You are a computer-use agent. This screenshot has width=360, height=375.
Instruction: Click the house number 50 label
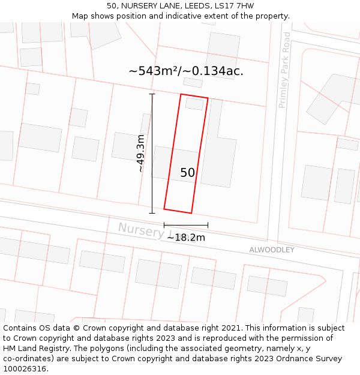pyautogui.click(x=187, y=173)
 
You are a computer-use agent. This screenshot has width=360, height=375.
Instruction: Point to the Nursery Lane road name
pyautogui.click(x=142, y=230)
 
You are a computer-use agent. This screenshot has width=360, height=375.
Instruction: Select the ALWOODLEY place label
pyautogui.click(x=272, y=250)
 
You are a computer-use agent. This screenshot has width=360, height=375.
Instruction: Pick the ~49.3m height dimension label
pyautogui.click(x=140, y=154)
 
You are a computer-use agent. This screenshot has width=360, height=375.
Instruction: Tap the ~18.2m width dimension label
pyautogui.click(x=185, y=238)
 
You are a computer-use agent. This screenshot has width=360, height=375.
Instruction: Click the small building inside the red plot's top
pyautogui.click(x=194, y=104)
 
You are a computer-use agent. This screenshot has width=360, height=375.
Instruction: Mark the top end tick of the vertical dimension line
pyautogui.click(x=152, y=94)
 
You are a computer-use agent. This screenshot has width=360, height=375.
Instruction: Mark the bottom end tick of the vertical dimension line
pyautogui.click(x=152, y=212)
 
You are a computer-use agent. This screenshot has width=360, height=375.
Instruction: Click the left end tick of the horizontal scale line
pyautogui.click(x=164, y=225)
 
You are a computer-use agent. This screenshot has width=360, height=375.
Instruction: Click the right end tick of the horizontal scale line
pyautogui.click(x=208, y=225)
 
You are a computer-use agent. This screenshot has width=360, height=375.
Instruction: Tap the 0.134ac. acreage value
pyautogui.click(x=217, y=71)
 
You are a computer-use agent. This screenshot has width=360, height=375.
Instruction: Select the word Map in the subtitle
pyautogui.click(x=80, y=16)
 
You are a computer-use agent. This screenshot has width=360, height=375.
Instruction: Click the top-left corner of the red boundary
pyautogui.click(x=181, y=94)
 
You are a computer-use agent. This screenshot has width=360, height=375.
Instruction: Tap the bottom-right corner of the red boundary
pyautogui.click(x=191, y=213)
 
